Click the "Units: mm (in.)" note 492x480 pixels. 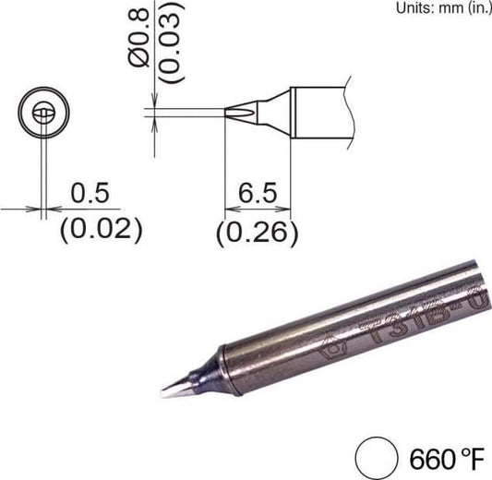tap(442, 8)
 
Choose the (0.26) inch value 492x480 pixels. tap(256, 233)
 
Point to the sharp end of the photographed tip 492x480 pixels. tap(164, 394)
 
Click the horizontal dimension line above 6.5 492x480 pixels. tap(258, 210)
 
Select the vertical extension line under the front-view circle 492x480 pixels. tap(42, 175)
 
